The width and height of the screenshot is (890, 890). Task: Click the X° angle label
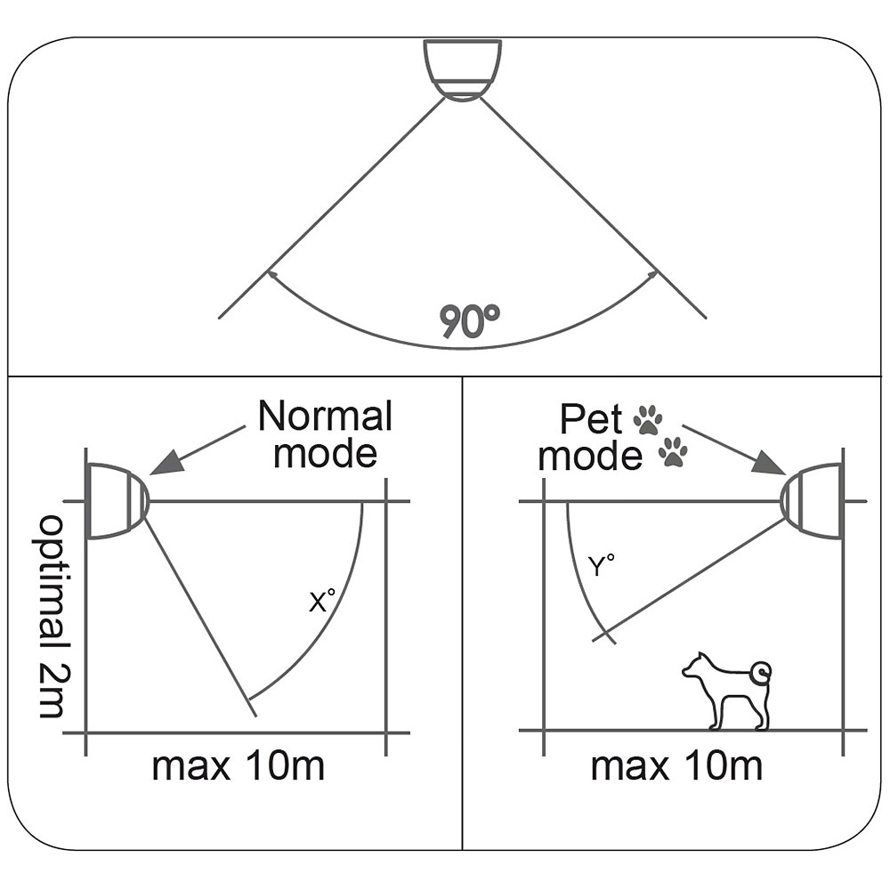tap(321, 603)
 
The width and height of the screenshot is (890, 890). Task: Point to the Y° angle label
tap(602, 565)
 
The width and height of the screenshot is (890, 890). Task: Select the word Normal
tap(325, 417)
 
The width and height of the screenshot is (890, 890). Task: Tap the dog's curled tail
tap(760, 672)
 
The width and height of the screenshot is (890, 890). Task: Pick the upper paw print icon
tap(648, 419)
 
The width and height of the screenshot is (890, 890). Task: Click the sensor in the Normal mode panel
tap(116, 501)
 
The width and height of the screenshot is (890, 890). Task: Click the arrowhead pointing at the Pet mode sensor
tap(767, 465)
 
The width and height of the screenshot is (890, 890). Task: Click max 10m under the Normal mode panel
tap(238, 765)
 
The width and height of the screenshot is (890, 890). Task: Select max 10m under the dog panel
tap(676, 765)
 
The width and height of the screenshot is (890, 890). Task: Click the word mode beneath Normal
tap(325, 453)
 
